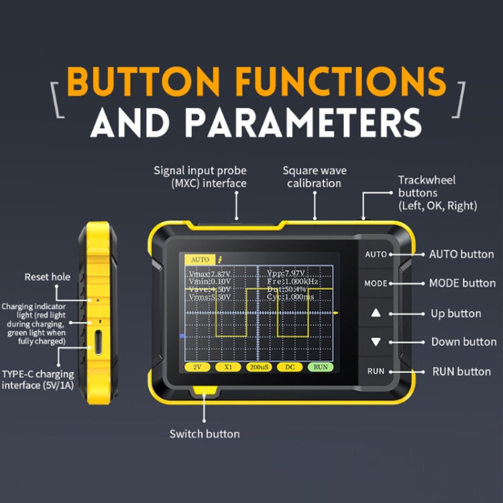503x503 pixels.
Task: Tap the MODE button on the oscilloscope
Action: tap(376, 283)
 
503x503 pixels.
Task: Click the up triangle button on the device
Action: tap(376, 313)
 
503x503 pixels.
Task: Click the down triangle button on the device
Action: tap(376, 341)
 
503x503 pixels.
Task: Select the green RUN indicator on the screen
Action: tap(321, 367)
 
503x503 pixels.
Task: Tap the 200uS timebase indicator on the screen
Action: tap(258, 367)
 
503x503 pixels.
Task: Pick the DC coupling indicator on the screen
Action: tap(290, 367)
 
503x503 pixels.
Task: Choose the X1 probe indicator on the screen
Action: tap(227, 367)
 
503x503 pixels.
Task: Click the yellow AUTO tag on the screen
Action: tap(199, 259)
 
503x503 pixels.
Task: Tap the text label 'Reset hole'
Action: tap(47, 277)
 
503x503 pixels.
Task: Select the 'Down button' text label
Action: tap(463, 342)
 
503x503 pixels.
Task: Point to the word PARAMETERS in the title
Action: tap(303, 123)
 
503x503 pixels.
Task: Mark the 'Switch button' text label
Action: tap(205, 434)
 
